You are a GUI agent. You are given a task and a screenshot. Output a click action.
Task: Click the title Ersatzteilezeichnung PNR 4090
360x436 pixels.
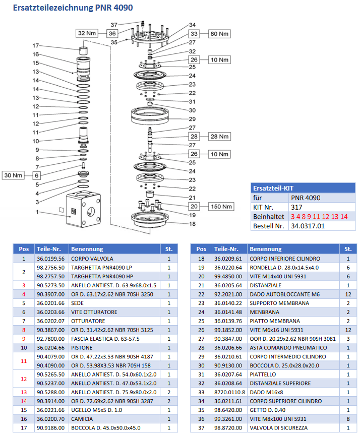click(x=73, y=8)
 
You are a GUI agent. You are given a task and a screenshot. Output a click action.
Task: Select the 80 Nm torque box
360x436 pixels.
click(x=219, y=34)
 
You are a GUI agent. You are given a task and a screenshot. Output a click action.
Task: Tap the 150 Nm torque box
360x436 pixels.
click(x=219, y=206)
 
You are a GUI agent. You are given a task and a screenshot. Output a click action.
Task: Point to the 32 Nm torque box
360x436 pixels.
click(x=86, y=33)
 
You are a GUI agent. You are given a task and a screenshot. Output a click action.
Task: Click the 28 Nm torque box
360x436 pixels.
click(x=219, y=137)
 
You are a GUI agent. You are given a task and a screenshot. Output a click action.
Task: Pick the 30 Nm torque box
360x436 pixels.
click(x=14, y=175)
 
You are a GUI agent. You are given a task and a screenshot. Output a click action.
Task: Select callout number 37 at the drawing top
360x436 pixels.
click(x=114, y=24)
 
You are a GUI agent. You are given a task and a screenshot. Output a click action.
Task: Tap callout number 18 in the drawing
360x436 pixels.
click(x=192, y=223)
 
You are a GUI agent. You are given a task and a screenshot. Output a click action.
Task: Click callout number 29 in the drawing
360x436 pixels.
click(x=192, y=119)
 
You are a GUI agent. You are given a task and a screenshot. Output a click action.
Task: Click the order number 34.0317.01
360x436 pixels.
click(x=307, y=226)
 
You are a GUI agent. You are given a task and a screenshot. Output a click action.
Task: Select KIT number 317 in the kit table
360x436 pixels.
click(x=296, y=207)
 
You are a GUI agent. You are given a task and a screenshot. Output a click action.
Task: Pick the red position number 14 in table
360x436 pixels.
click(x=24, y=401)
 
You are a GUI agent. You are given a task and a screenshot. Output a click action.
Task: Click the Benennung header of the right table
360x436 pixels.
click(x=266, y=249)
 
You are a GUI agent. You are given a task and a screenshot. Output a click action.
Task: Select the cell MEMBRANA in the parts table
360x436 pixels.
click(x=264, y=313)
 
